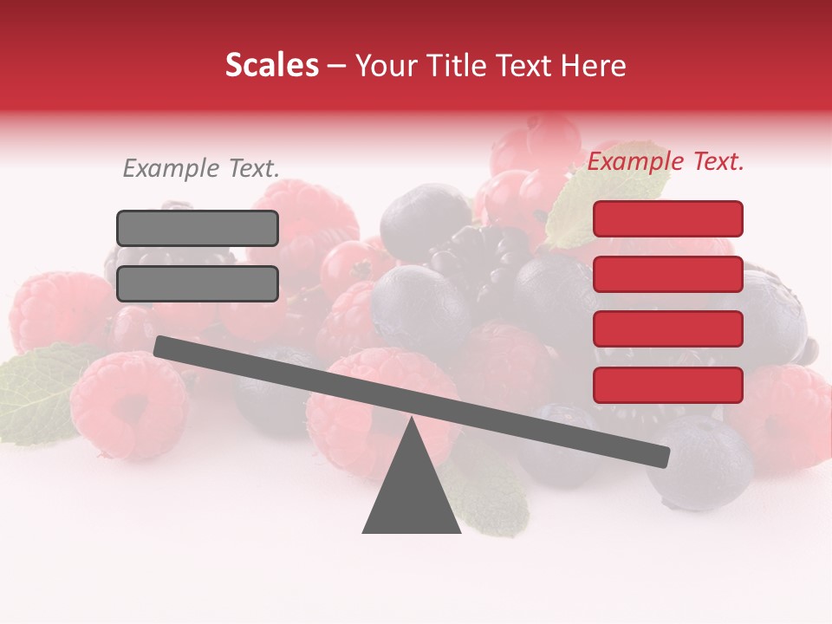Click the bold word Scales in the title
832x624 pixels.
pyautogui.click(x=271, y=66)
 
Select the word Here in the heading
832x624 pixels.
pyautogui.click(x=594, y=66)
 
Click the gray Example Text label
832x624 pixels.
pyautogui.click(x=201, y=169)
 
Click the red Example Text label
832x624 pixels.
pyautogui.click(x=666, y=161)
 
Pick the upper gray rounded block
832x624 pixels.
pyautogui.click(x=198, y=228)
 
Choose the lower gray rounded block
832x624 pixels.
pyautogui.click(x=198, y=283)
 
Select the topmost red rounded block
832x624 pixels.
pyautogui.click(x=667, y=218)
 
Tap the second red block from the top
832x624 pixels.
pyautogui.click(x=667, y=274)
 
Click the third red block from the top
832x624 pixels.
pyautogui.click(x=667, y=329)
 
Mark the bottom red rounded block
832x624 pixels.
pyautogui.click(x=667, y=385)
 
